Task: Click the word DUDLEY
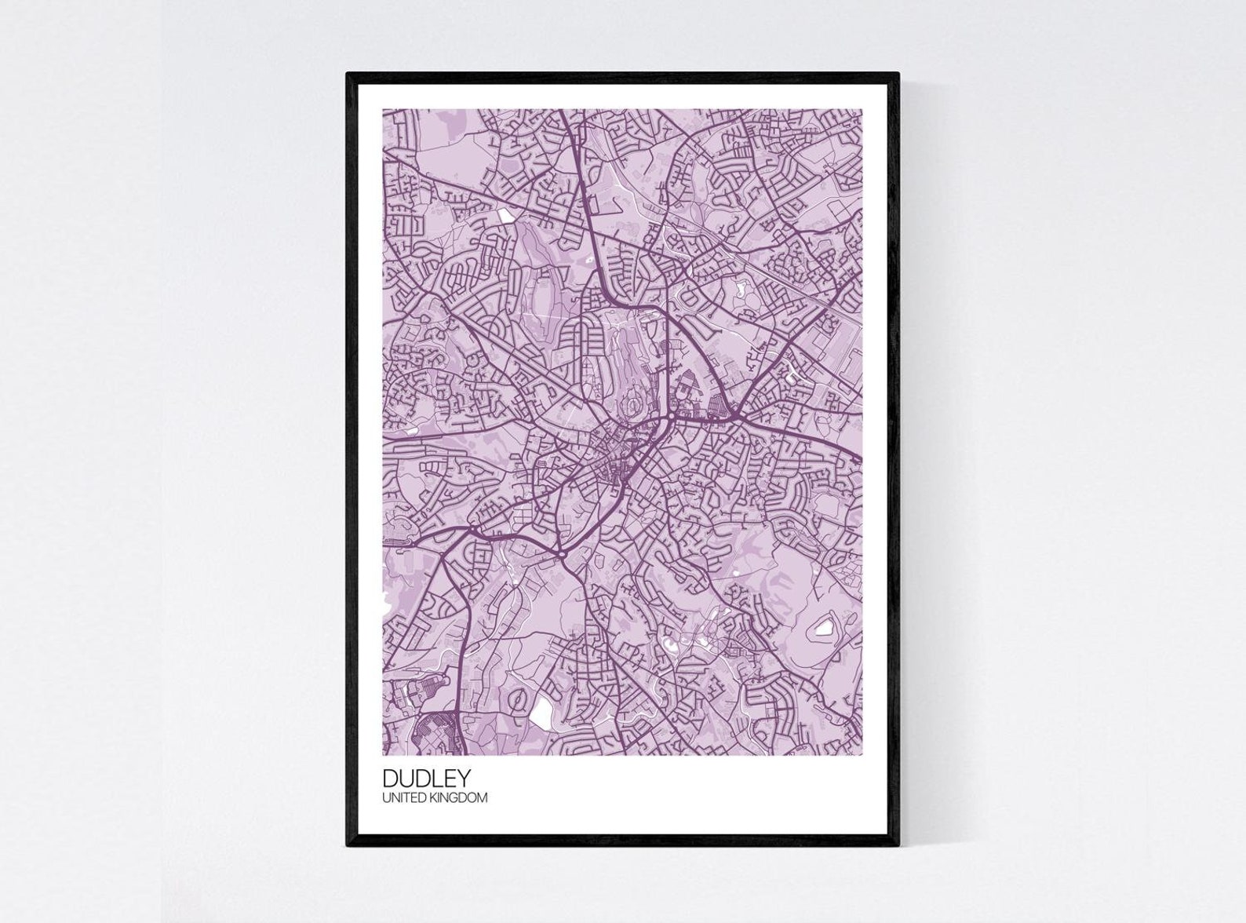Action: (x=427, y=778)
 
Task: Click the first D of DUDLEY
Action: (x=391, y=778)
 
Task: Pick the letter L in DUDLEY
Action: (x=436, y=778)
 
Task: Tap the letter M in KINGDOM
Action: (x=482, y=798)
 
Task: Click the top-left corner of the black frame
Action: (x=348, y=74)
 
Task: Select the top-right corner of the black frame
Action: (x=898, y=74)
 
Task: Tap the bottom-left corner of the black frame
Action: (x=348, y=845)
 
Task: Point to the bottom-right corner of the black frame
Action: (x=898, y=845)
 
